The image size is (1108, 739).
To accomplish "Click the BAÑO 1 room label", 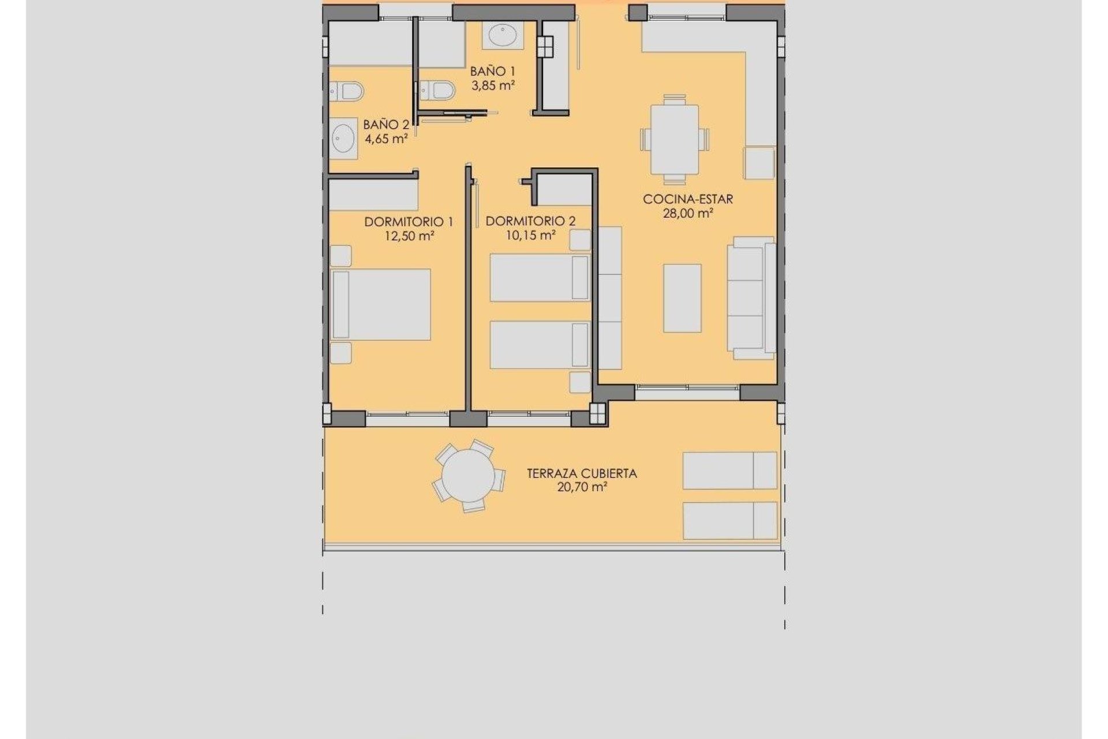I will pos(492,72).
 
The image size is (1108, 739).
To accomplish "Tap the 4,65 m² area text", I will pos(386,139).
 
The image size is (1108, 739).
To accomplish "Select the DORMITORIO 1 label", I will pos(409,222).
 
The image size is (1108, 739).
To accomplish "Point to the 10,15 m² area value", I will pos(530,236).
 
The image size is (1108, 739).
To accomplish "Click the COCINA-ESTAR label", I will pos(688,199).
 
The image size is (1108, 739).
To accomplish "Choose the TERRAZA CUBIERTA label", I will pos(582,473).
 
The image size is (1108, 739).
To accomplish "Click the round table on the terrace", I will pos(468,477).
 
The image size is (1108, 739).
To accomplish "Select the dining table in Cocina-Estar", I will pos(675,139).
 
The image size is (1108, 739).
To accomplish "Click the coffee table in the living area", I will pos(682,298).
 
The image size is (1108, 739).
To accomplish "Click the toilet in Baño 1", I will pos(439,91).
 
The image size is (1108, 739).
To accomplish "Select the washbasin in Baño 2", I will pos(344,138).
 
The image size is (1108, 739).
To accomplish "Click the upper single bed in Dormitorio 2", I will pos(540,278).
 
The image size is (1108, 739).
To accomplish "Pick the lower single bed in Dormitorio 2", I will pos(540,345).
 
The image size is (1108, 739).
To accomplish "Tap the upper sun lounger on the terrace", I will pos(729,471).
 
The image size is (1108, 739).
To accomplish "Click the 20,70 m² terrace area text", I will pos(582,487).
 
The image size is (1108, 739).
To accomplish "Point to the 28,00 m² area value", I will pos(688,213).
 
